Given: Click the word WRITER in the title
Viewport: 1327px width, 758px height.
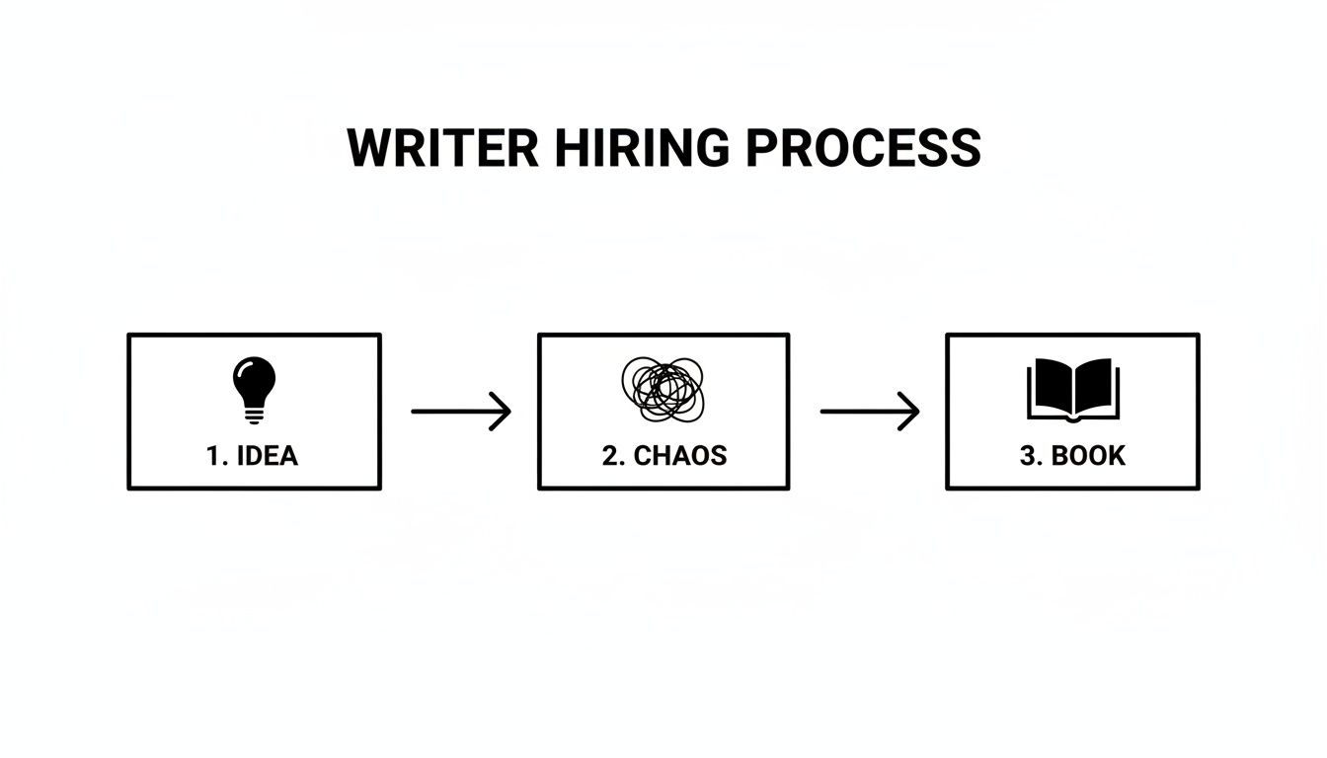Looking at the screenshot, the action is click(x=443, y=148).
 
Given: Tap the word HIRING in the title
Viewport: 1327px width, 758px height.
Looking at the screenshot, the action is click(x=642, y=148).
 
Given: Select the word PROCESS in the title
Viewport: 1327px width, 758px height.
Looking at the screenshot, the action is click(x=863, y=148).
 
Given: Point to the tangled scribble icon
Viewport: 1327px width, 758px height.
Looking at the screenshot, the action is click(x=663, y=387).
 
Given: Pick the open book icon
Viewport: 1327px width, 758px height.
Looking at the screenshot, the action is click(x=1072, y=389).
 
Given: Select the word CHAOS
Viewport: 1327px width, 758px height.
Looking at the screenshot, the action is click(x=680, y=455).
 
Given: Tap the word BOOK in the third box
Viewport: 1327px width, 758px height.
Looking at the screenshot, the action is click(x=1088, y=455).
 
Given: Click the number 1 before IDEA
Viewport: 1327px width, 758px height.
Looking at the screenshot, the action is click(x=213, y=455).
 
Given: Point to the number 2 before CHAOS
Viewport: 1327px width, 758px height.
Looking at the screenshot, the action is click(x=609, y=455).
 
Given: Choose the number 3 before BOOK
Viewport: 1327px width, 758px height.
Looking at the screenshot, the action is click(x=1027, y=455).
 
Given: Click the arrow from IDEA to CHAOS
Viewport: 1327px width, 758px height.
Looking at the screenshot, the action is click(x=460, y=411).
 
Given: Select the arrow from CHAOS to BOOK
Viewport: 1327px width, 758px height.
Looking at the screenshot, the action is click(x=869, y=411).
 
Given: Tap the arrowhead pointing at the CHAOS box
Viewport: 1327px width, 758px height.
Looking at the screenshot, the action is click(x=504, y=411).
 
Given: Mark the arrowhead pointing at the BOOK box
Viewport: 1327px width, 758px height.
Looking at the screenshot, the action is click(x=912, y=411).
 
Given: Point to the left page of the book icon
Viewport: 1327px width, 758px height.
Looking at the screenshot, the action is click(x=1051, y=387).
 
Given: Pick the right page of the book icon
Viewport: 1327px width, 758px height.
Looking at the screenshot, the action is click(x=1094, y=387).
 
